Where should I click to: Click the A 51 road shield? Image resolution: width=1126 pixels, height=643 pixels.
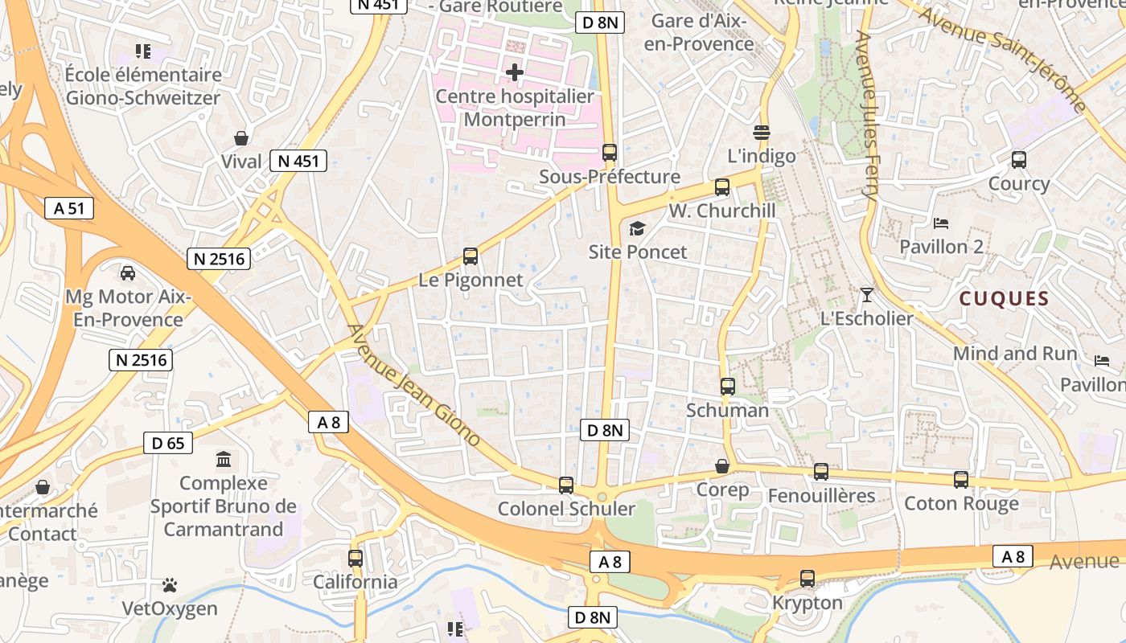(x=69, y=209)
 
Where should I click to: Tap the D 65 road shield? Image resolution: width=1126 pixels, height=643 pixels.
(x=168, y=442)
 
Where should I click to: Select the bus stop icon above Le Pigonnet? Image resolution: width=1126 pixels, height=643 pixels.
(x=471, y=257)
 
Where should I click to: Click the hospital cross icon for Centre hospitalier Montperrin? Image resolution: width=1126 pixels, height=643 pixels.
(x=515, y=72)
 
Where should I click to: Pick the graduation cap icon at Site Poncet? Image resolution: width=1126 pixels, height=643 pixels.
(x=637, y=228)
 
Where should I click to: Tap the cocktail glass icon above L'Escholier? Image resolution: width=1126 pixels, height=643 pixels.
(x=866, y=295)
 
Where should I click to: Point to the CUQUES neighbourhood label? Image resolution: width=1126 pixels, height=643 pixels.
(x=1004, y=299)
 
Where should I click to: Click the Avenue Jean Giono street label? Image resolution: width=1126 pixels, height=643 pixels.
(x=414, y=386)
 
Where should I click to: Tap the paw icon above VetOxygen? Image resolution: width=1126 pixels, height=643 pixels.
(x=170, y=584)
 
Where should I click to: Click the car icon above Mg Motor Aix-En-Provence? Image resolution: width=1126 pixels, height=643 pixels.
(x=128, y=273)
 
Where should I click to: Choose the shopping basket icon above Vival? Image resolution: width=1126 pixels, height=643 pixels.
(x=240, y=137)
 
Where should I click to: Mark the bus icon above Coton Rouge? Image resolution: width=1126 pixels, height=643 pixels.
(x=961, y=480)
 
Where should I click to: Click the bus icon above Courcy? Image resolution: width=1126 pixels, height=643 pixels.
(x=1019, y=160)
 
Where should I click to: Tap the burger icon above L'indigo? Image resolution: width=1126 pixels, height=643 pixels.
(x=762, y=131)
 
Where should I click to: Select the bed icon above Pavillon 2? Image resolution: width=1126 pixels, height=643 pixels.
(x=941, y=223)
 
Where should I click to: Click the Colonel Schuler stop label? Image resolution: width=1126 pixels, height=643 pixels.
(x=566, y=508)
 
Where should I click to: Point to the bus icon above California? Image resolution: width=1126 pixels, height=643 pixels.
(x=355, y=558)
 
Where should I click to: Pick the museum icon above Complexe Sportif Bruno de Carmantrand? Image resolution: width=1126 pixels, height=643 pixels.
(x=224, y=460)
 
